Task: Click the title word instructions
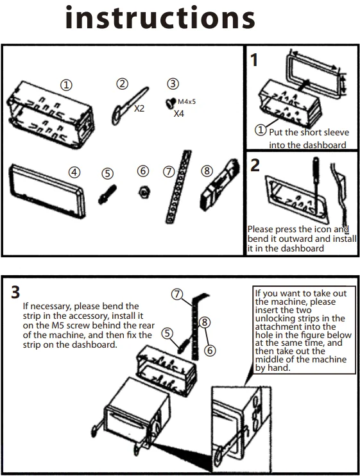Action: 160,17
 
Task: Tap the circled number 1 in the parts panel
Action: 66,85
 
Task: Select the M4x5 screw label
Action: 187,101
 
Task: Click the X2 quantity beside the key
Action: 139,108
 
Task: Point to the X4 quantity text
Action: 179,114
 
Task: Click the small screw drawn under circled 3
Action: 171,102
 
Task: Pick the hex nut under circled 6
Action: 144,192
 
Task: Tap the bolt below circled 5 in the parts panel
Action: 107,194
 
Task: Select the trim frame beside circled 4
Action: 47,191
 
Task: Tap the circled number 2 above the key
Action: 123,83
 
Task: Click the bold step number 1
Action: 254,60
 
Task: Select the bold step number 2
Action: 255,166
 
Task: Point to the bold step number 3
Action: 15,292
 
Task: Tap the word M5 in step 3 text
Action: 55,325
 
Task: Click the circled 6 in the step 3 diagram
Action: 210,351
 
